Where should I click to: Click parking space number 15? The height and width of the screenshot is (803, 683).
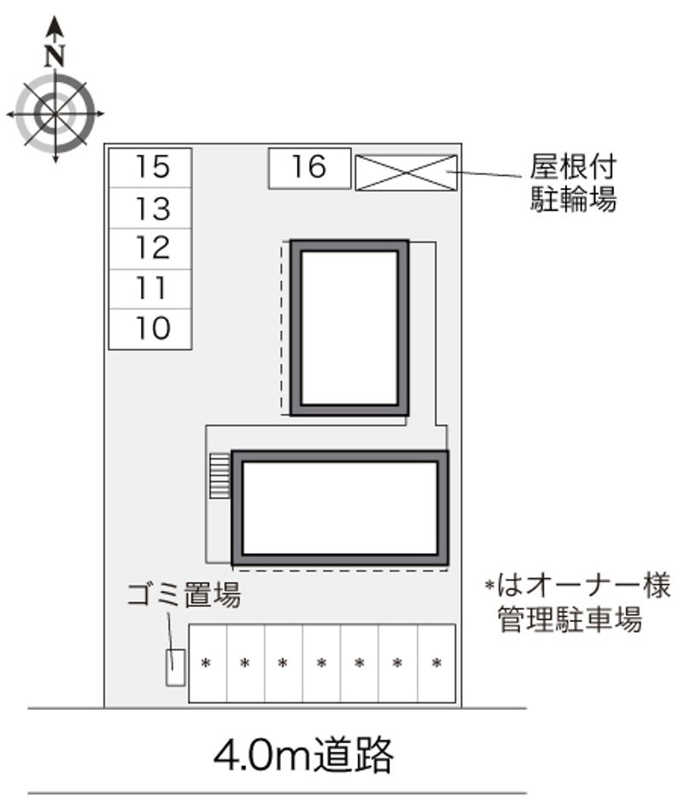coord(150,168)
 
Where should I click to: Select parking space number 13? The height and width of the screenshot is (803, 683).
coord(150,208)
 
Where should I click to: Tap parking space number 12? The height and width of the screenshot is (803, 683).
coord(150,249)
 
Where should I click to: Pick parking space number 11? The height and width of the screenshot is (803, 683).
coord(150,289)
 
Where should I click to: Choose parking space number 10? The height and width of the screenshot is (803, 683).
coord(150,329)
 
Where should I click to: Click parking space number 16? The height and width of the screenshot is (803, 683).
coord(310,168)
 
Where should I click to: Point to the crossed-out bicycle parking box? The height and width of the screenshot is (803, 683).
coord(406,173)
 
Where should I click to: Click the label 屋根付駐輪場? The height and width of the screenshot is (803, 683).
coord(573,183)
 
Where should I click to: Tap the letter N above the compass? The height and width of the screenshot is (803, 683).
coord(55,56)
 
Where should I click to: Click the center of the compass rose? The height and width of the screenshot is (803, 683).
coord(55,114)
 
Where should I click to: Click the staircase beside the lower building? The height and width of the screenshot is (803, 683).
coord(220,475)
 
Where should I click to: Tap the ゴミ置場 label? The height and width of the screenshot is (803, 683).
coord(184,595)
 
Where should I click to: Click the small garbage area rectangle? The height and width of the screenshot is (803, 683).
coord(175,667)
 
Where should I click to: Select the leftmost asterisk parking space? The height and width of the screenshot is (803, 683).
coord(207,663)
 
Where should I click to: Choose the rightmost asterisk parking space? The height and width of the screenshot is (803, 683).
coord(437,663)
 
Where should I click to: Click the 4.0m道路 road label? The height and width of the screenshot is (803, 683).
coord(304,754)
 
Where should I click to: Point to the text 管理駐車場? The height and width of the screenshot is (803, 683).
coord(569,619)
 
